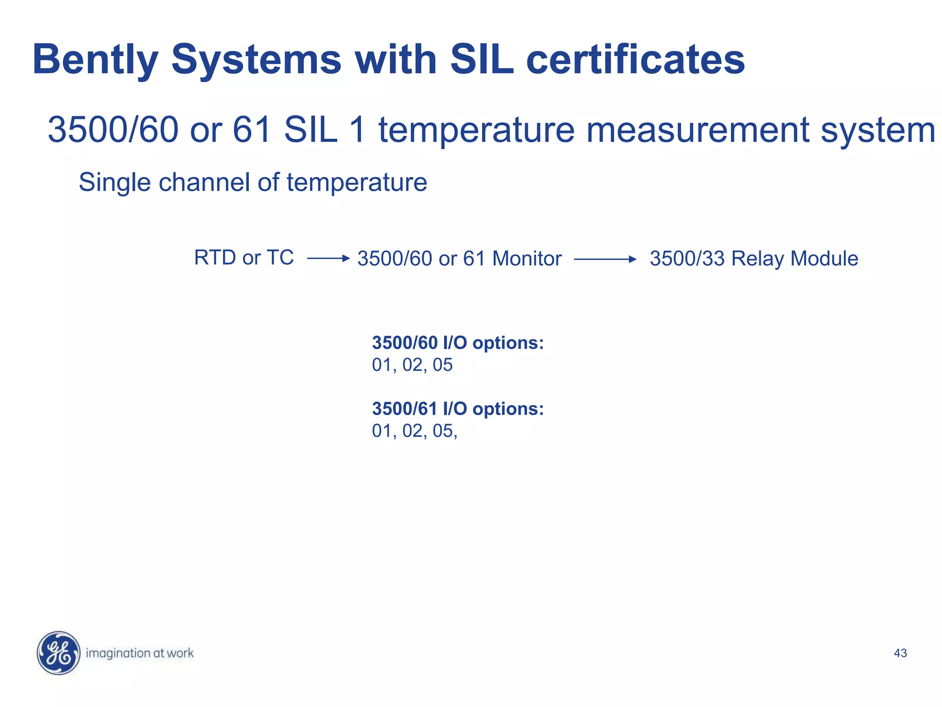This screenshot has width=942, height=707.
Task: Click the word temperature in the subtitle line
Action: click(x=477, y=130)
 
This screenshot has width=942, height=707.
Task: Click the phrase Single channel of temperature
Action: click(x=253, y=182)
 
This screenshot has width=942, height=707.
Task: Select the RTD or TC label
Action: click(x=244, y=258)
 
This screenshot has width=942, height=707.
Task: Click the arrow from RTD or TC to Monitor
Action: click(x=328, y=259)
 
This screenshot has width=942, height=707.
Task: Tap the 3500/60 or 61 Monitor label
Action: click(x=460, y=259)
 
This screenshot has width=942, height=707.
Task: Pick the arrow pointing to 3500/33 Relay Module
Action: click(x=605, y=260)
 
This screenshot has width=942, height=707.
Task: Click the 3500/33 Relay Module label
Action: click(x=754, y=259)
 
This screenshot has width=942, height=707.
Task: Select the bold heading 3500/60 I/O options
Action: click(x=458, y=343)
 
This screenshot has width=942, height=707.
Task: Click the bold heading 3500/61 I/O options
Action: click(x=458, y=409)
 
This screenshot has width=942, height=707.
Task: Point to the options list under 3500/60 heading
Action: click(x=412, y=365)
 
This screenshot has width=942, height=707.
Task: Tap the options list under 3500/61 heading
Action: click(x=414, y=431)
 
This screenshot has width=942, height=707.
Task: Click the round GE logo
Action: click(x=58, y=653)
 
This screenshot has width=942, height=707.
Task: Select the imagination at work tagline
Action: click(x=139, y=653)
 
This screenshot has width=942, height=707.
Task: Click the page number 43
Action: click(x=900, y=653)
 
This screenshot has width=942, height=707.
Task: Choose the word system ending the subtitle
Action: click(x=878, y=130)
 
